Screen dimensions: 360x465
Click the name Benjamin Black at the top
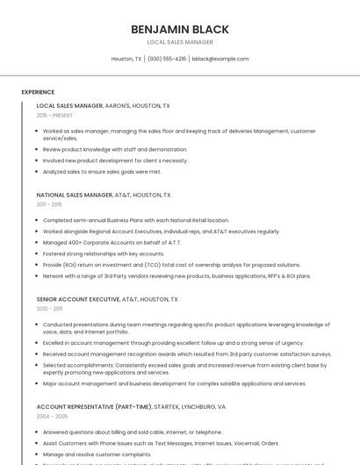click(x=180, y=29)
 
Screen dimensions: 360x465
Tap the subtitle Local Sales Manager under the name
click(x=180, y=42)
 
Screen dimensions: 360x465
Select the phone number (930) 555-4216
click(x=167, y=59)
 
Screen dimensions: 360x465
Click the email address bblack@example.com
click(x=220, y=59)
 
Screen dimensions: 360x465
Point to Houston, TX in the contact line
click(x=126, y=59)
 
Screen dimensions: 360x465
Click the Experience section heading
click(x=38, y=92)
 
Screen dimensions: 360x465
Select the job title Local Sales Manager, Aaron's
click(x=104, y=105)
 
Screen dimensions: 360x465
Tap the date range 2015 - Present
click(x=54, y=115)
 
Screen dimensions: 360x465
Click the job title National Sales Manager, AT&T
click(x=104, y=195)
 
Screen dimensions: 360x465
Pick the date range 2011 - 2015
click(x=49, y=204)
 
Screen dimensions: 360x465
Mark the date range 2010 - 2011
click(x=49, y=309)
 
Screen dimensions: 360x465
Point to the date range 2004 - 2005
click(x=51, y=417)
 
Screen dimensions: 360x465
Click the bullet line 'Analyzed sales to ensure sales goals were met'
click(x=102, y=172)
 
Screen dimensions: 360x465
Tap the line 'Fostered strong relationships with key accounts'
click(x=104, y=254)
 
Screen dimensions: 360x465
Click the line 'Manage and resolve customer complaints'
click(x=97, y=454)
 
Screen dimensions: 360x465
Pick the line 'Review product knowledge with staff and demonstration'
click(x=115, y=149)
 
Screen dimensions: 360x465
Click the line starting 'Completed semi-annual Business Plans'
click(x=136, y=220)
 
